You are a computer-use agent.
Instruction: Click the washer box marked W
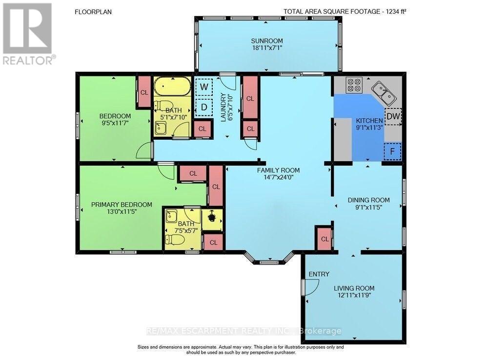(204, 86)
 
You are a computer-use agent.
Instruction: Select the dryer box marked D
(204, 107)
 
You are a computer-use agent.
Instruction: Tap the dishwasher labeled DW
(393, 116)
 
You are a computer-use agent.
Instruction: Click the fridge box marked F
(392, 151)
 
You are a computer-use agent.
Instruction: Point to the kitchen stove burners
(354, 85)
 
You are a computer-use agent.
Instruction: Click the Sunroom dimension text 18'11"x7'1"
(267, 48)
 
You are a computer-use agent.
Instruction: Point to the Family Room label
(278, 170)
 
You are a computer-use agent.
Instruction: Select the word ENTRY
(319, 274)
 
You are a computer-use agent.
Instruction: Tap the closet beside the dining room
(325, 238)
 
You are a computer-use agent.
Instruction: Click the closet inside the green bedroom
(144, 92)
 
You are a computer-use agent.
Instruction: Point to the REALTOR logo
(29, 34)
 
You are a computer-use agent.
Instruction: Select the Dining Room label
(368, 200)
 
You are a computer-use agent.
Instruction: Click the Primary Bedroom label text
(122, 205)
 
